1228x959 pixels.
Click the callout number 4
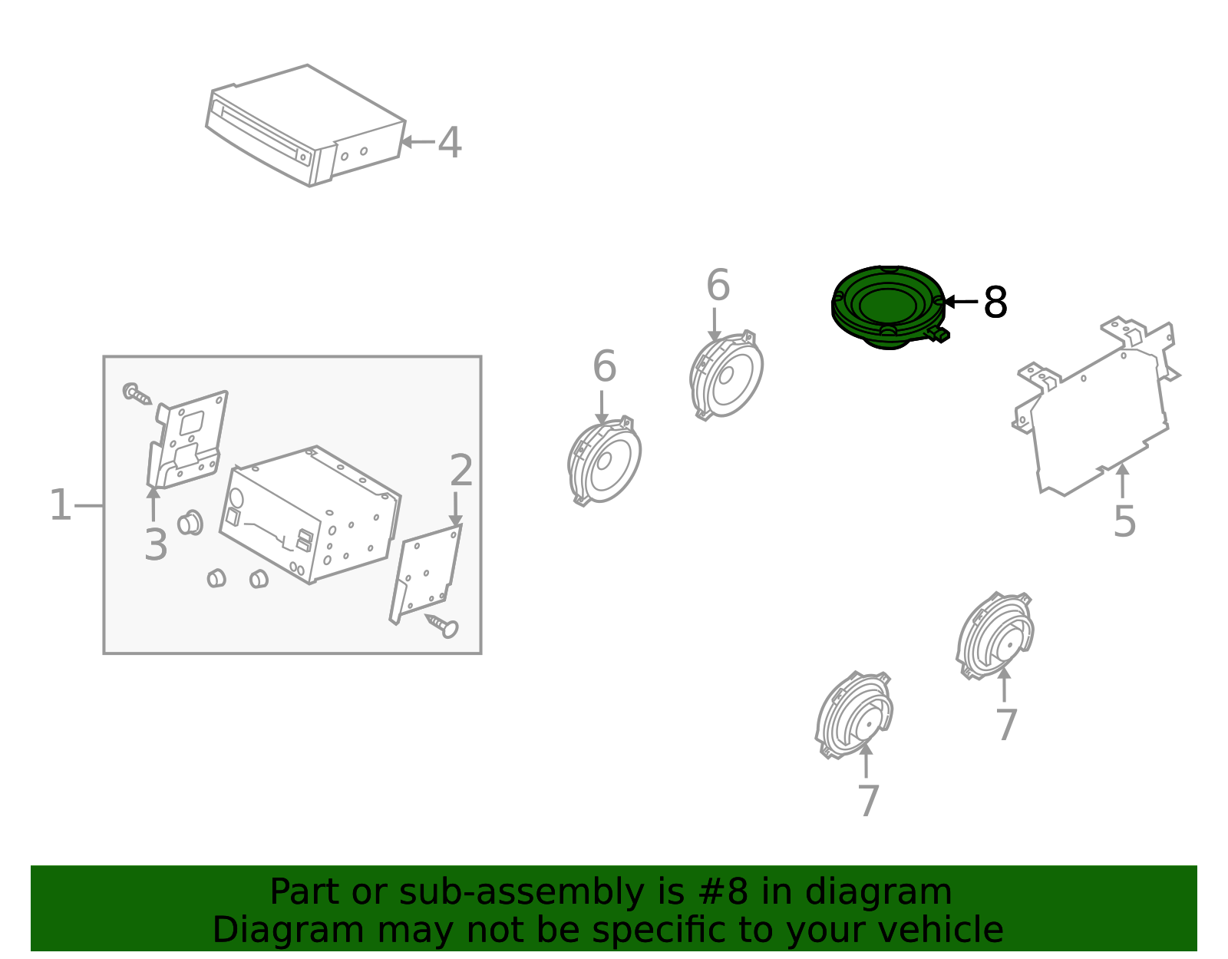pyautogui.click(x=449, y=142)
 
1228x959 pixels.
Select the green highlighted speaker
pyautogui.click(x=888, y=307)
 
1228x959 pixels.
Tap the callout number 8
pyautogui.click(x=995, y=303)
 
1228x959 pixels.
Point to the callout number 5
pyautogui.click(x=1124, y=521)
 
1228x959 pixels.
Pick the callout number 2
pyautogui.click(x=461, y=470)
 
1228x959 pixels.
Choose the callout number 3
pyautogui.click(x=155, y=545)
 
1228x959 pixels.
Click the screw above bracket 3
pyautogui.click(x=137, y=394)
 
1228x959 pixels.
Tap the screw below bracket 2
pyautogui.click(x=443, y=625)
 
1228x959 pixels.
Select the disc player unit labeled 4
pyautogui.click(x=305, y=125)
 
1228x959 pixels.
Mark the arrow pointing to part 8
pyautogui.click(x=960, y=302)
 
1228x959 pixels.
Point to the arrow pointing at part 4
pyautogui.click(x=418, y=141)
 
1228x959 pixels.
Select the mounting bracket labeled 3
pyautogui.click(x=187, y=440)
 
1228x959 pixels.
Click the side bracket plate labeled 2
pyautogui.click(x=425, y=574)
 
